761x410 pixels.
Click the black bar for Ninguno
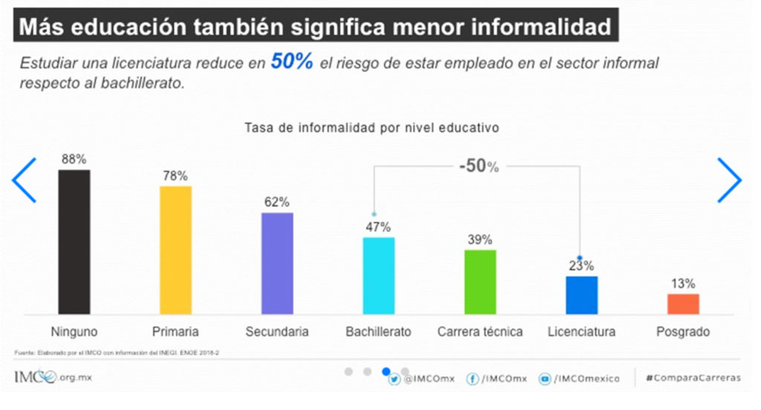point(74,242)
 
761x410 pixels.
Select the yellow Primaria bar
point(175,250)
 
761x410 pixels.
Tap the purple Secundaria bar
point(277,263)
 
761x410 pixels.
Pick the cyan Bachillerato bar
point(378,275)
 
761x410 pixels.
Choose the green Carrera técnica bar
point(480,281)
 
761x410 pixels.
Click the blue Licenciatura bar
point(581,295)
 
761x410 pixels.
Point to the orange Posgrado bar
point(683,304)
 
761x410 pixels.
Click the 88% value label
point(74,159)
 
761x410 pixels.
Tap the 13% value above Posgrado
point(683,284)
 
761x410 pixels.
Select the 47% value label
point(378,227)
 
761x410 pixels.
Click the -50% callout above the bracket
point(479,166)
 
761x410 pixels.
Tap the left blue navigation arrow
point(25,180)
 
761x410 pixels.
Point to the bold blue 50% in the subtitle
point(292,62)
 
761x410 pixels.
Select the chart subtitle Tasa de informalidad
point(371,127)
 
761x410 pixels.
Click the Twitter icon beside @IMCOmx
point(395,379)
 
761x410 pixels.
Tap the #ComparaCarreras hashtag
point(693,378)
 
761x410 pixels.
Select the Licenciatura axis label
point(581,332)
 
